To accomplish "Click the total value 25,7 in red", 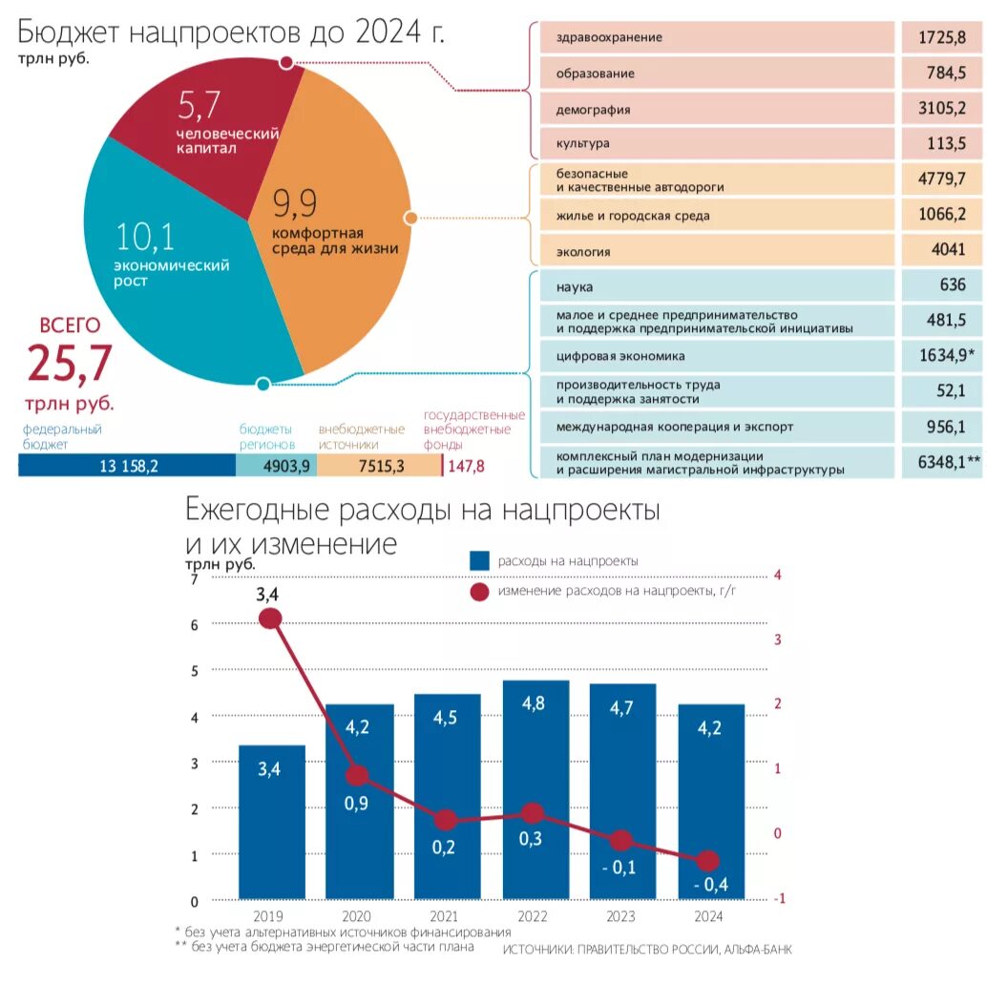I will pyautogui.click(x=70, y=364).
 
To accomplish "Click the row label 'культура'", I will pyautogui.click(x=582, y=144).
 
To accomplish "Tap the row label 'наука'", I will pyautogui.click(x=575, y=286).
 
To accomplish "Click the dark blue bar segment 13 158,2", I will pyautogui.click(x=127, y=466).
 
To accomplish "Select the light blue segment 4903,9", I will pyautogui.click(x=277, y=466).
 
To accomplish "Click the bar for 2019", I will pyautogui.click(x=272, y=821).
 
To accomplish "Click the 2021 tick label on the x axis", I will pyautogui.click(x=445, y=917).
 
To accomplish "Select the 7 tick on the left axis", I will pyautogui.click(x=195, y=578).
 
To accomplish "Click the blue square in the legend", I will pyautogui.click(x=480, y=561).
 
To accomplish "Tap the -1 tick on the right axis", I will pyautogui.click(x=780, y=898).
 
